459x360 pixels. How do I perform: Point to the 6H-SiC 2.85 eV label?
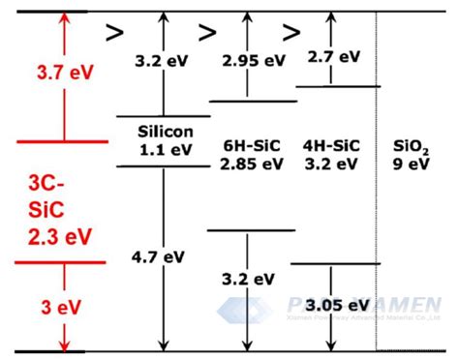click(x=251, y=153)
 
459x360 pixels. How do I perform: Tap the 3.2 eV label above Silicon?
click(x=162, y=60)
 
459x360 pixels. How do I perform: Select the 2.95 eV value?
click(x=254, y=60)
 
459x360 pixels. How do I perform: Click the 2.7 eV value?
click(x=333, y=56)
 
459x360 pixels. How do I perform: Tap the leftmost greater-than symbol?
click(x=114, y=33)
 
